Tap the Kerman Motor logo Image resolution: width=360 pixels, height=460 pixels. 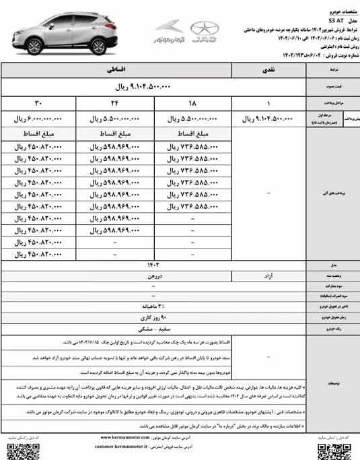[x=169, y=32]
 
